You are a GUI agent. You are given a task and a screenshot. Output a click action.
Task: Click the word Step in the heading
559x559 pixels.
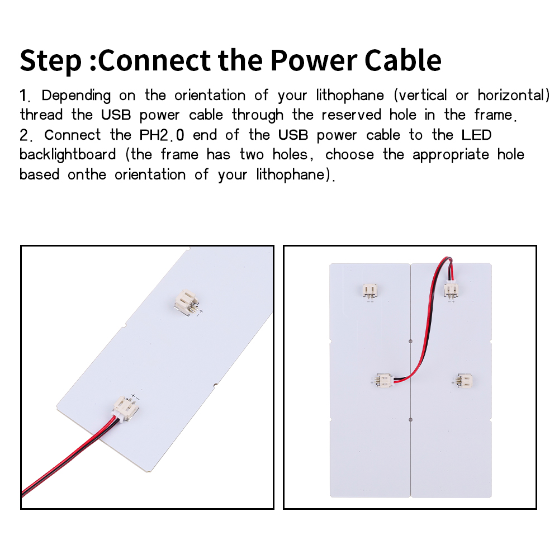click(51, 61)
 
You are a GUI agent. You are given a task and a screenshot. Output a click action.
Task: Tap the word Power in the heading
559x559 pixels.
click(314, 60)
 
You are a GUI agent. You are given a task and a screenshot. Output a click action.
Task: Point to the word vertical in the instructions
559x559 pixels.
click(421, 96)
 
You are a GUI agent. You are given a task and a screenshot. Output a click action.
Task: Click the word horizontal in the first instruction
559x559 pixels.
click(514, 96)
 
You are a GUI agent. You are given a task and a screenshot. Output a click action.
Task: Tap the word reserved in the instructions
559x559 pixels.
click(351, 115)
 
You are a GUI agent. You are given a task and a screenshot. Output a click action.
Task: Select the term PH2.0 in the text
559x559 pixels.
click(162, 135)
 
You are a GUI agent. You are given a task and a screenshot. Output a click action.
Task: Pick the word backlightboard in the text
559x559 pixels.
click(68, 155)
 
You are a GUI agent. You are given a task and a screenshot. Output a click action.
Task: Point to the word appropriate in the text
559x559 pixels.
click(451, 155)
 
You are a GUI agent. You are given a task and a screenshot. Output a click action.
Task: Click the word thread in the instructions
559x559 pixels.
click(41, 115)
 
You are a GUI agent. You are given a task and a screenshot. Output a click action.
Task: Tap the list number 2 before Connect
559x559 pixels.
click(26, 135)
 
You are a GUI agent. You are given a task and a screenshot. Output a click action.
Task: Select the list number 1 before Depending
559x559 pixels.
click(25, 96)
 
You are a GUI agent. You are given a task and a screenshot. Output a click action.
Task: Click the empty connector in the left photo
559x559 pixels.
click(186, 302)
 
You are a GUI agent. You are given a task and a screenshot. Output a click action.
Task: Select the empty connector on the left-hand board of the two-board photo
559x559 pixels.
click(370, 290)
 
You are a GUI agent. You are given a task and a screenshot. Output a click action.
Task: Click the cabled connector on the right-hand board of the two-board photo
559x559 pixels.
click(451, 289)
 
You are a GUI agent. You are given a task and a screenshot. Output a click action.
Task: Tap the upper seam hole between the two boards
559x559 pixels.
click(410, 341)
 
